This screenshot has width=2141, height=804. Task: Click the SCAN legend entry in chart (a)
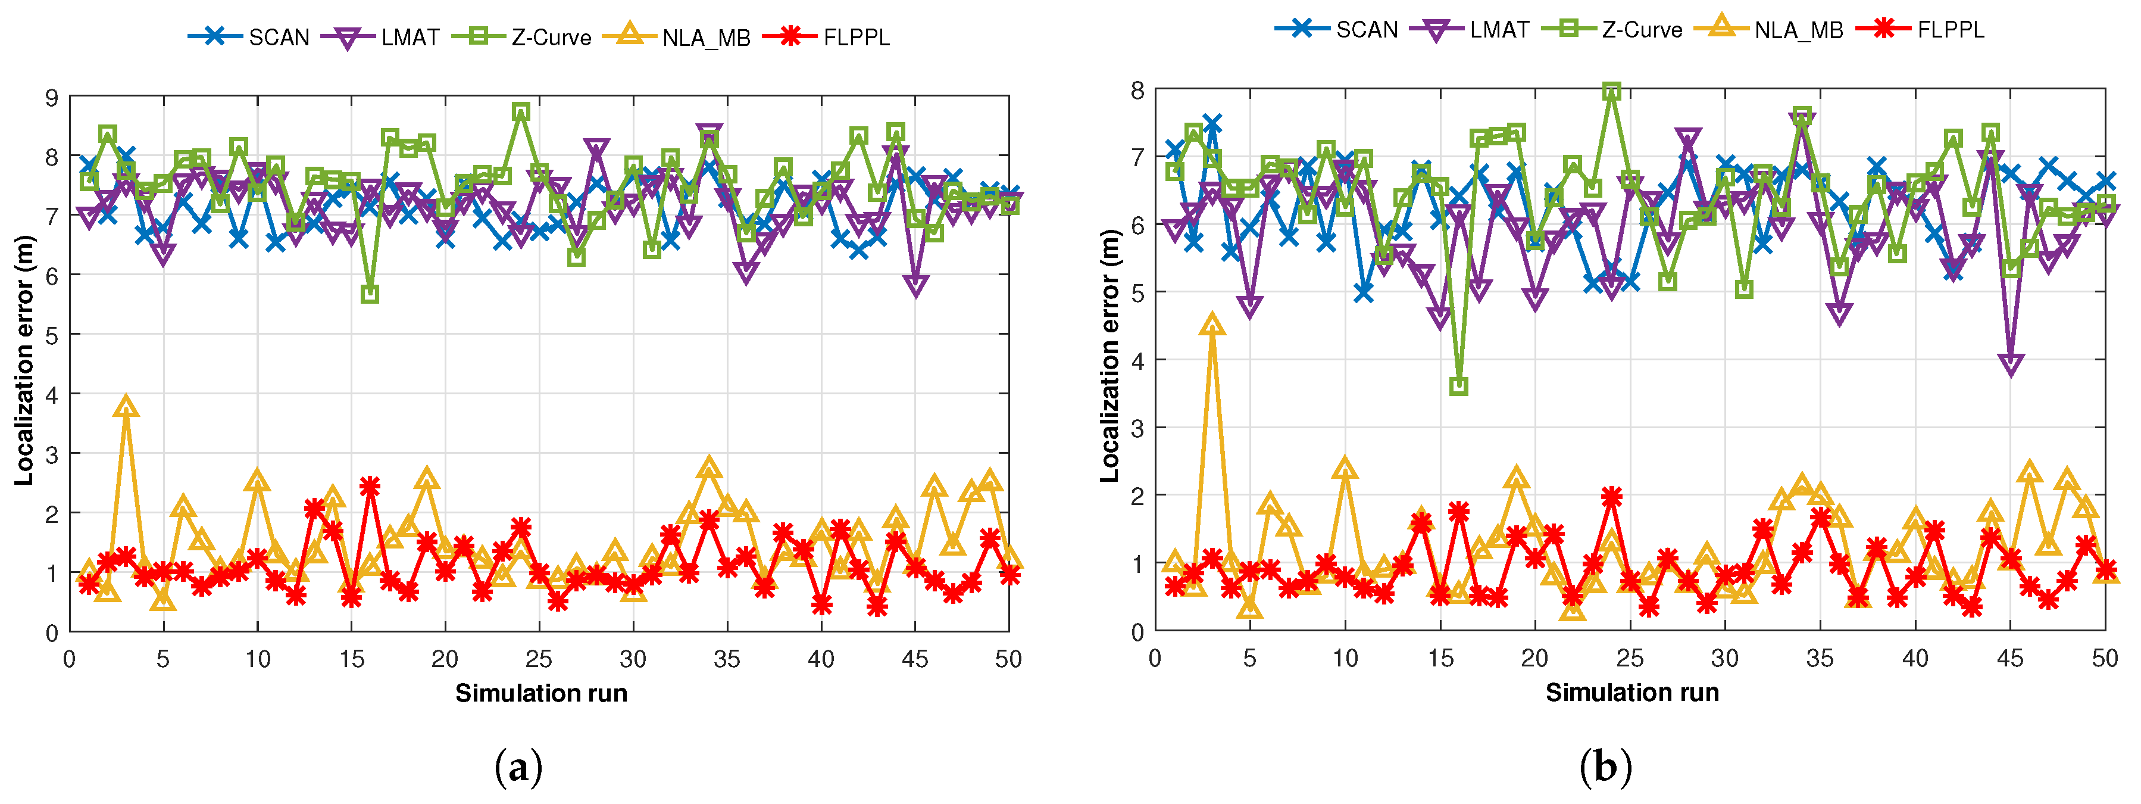click(x=249, y=38)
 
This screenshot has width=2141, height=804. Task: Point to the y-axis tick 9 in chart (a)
click(x=52, y=97)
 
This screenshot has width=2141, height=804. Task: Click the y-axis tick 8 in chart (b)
click(x=1137, y=90)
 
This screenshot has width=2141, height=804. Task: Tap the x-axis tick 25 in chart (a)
click(x=539, y=659)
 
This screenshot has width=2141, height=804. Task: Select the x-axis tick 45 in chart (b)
click(x=2009, y=659)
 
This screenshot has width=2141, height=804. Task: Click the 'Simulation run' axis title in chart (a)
click(x=541, y=693)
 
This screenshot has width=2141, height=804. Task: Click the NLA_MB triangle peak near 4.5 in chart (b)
click(x=1212, y=324)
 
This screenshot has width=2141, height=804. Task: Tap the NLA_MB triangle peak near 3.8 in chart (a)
click(x=126, y=406)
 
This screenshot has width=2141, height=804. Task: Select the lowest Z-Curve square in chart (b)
click(x=1459, y=387)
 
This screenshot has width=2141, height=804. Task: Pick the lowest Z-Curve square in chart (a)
click(x=370, y=294)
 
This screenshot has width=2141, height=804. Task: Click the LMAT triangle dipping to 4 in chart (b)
click(x=2011, y=364)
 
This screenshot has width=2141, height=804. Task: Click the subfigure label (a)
click(x=518, y=766)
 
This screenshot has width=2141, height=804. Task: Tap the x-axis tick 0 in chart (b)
click(x=1155, y=659)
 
